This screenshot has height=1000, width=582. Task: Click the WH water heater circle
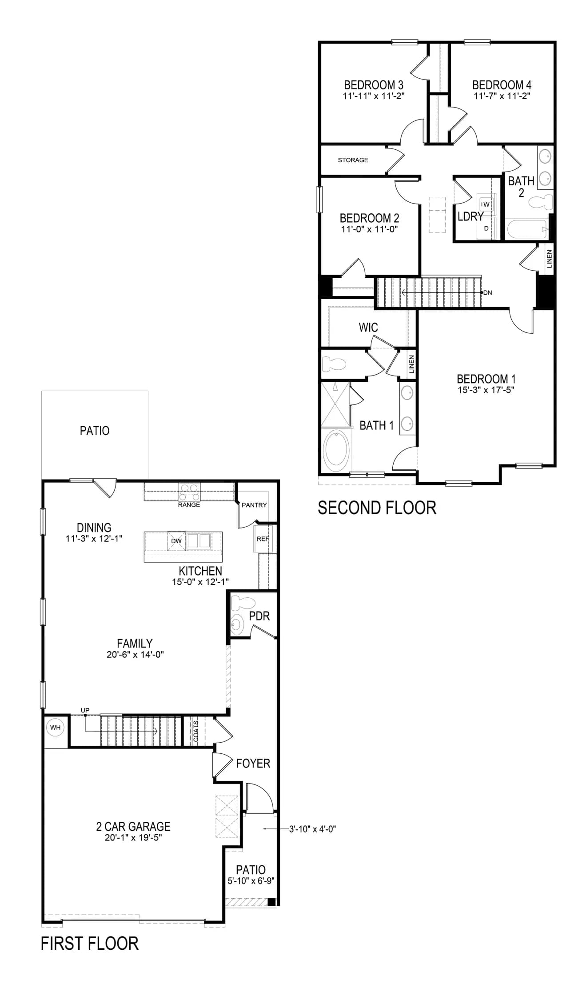click(x=55, y=728)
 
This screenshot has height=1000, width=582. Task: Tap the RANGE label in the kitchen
click(x=189, y=505)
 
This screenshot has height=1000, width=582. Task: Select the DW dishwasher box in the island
click(x=176, y=541)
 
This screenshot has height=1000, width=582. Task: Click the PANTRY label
click(x=254, y=505)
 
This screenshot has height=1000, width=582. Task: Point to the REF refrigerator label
click(x=263, y=539)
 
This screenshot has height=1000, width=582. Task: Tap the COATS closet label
click(x=196, y=731)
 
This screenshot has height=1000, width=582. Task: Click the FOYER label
click(x=253, y=763)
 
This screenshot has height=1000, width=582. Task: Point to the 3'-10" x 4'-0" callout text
click(x=313, y=829)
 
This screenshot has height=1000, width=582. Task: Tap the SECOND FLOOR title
click(x=377, y=508)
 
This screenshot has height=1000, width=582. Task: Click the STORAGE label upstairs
click(x=353, y=160)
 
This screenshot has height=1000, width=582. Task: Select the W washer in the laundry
click(x=486, y=204)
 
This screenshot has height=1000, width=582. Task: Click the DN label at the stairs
click(x=487, y=293)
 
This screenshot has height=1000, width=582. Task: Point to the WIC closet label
click(x=368, y=328)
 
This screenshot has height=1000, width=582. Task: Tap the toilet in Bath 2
click(x=541, y=202)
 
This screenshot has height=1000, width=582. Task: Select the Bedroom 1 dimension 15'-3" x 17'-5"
click(x=486, y=390)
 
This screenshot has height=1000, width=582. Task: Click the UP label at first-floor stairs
click(x=85, y=710)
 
